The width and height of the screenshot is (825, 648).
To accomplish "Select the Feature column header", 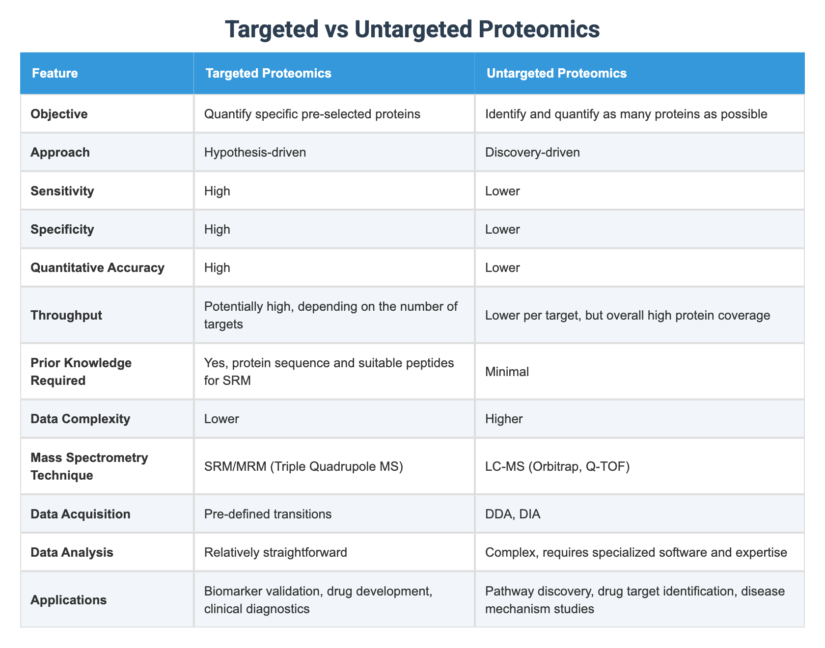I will point(55,74).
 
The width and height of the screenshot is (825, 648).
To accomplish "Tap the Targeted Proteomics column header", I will point(268,74).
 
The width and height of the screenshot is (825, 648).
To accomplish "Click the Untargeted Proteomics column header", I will point(556,74).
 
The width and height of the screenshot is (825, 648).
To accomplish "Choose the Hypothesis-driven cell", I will point(255,152).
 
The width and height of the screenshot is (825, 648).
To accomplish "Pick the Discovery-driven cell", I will point(532,152).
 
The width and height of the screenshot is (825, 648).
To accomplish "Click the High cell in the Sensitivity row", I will point(218,190).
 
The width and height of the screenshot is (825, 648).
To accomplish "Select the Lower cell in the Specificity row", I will point(502,229).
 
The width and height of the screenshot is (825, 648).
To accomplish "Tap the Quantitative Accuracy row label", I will point(97,267).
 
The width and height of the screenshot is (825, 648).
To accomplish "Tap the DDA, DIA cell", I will point(512,514).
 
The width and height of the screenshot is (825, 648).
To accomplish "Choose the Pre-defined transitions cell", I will point(268,514).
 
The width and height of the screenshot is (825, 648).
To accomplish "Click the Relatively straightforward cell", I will point(276,552).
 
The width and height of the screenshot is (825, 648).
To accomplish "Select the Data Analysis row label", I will point(72,552).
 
